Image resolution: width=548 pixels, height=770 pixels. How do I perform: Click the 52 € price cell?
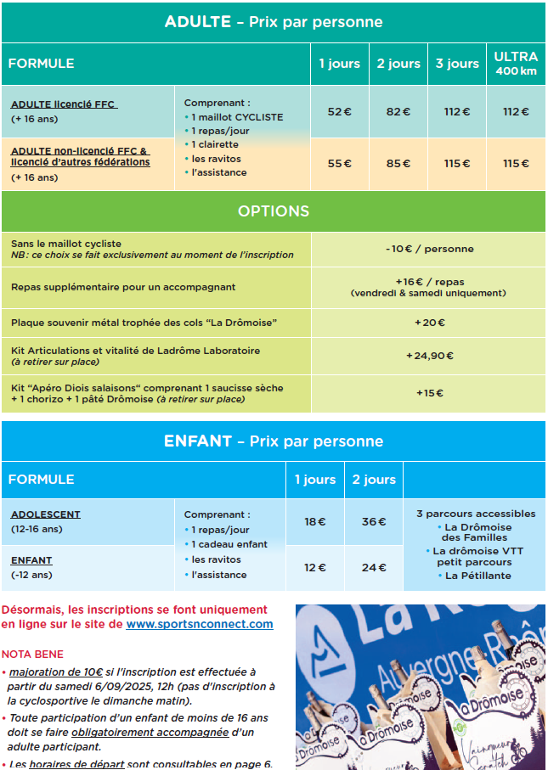(x=339, y=111)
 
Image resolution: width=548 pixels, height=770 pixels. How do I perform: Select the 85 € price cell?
(x=398, y=163)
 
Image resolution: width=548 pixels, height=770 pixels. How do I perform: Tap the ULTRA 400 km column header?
(x=516, y=64)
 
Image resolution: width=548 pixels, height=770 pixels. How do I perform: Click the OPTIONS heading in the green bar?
(x=274, y=211)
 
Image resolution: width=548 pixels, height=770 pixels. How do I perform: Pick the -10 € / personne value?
(x=428, y=249)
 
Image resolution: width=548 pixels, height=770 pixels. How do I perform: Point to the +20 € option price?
(x=429, y=323)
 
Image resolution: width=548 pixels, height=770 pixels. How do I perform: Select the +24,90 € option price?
(x=429, y=356)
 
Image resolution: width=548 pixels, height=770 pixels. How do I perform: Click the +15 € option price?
(x=429, y=393)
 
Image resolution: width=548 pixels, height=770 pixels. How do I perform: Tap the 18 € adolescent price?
(x=314, y=521)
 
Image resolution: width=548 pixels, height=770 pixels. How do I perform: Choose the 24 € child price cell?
(x=374, y=567)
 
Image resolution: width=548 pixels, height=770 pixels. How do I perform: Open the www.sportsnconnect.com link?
(x=200, y=624)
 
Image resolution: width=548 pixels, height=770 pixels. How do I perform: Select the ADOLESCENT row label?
(x=46, y=514)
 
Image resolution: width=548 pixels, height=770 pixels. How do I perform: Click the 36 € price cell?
(x=374, y=521)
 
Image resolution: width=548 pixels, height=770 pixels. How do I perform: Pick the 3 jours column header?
(x=457, y=64)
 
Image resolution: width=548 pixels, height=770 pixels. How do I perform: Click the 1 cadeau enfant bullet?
(x=229, y=544)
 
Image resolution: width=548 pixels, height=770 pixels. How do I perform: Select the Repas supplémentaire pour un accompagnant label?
(x=123, y=287)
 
